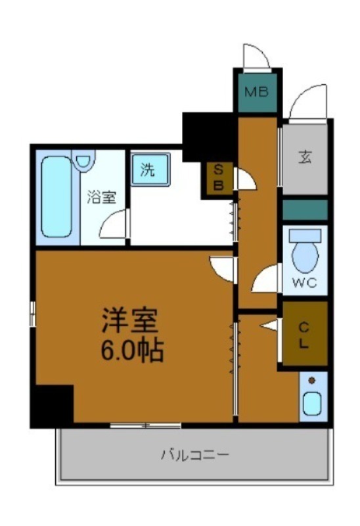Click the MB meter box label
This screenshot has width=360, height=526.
(257, 92)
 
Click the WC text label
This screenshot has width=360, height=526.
(305, 283)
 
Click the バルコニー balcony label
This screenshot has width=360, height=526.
(195, 454)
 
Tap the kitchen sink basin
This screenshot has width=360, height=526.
(311, 403)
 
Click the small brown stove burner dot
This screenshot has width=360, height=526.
(311, 381)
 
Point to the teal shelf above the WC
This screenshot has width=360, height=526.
(305, 210)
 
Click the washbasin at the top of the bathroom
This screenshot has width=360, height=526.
(84, 160)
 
